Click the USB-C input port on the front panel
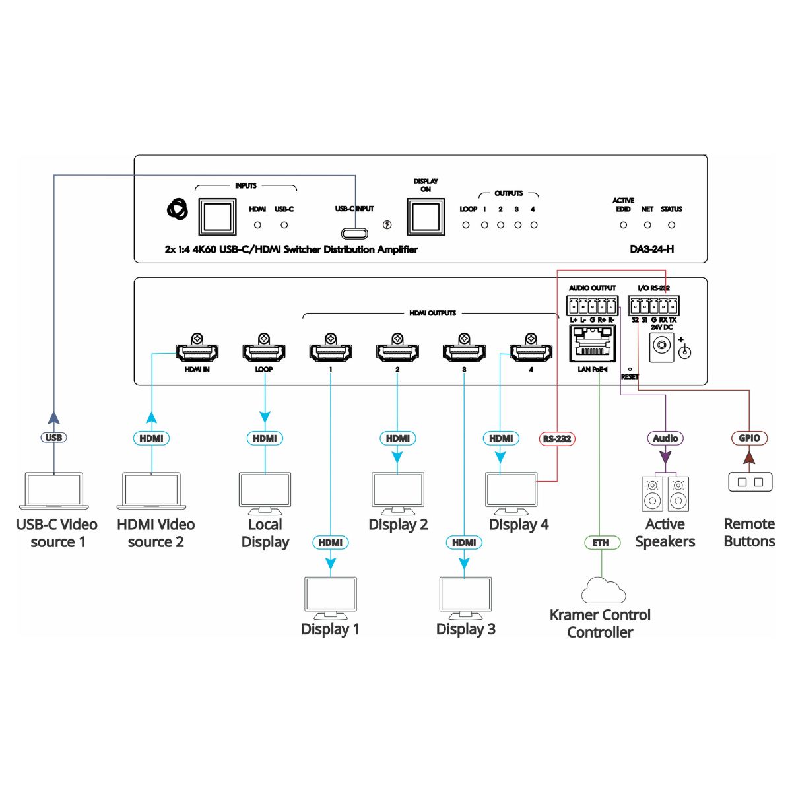pyautogui.click(x=354, y=234)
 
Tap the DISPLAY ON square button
pyautogui.click(x=426, y=216)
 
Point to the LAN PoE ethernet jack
pyautogui.click(x=592, y=343)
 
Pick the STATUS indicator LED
pyautogui.click(x=671, y=225)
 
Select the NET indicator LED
pyautogui.click(x=647, y=225)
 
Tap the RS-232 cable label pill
pyautogui.click(x=557, y=438)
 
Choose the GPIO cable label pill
pyautogui.click(x=749, y=438)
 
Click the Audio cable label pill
pyautogui.click(x=665, y=438)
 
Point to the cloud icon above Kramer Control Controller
pyautogui.click(x=603, y=590)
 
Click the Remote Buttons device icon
pyautogui.click(x=750, y=482)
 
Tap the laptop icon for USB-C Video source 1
pyautogui.click(x=54, y=491)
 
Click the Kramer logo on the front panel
pyautogui.click(x=178, y=210)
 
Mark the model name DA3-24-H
pyautogui.click(x=652, y=249)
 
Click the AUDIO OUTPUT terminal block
pyautogui.click(x=592, y=306)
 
